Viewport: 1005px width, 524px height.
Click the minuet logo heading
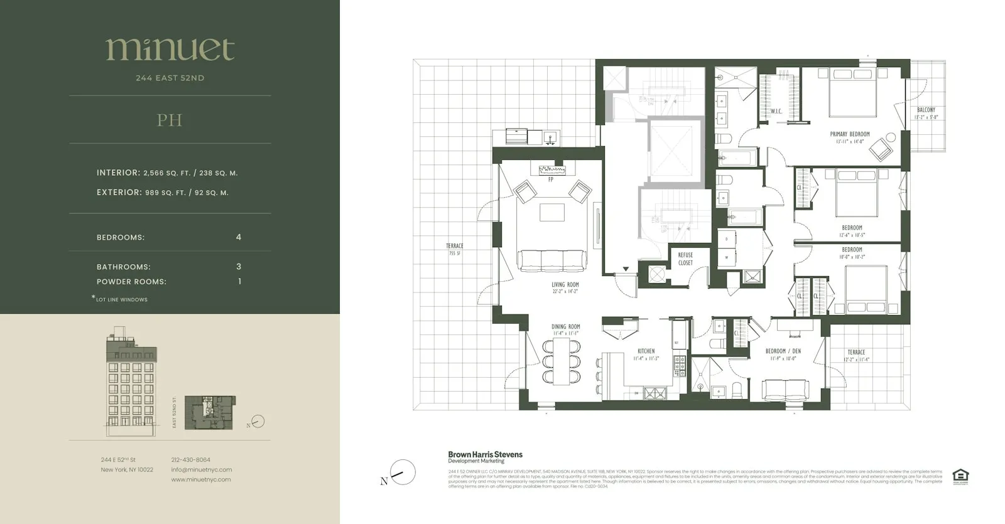pos(170,50)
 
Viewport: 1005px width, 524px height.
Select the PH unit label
pos(170,120)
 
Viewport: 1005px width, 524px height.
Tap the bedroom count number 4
pos(239,237)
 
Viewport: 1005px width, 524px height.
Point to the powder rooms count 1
pos(239,281)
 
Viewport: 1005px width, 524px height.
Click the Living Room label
pos(565,285)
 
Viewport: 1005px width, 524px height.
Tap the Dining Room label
pos(566,327)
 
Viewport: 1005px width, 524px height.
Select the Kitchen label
pos(646,351)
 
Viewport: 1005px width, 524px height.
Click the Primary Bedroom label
pos(850,134)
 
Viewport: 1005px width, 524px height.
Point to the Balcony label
pos(926,110)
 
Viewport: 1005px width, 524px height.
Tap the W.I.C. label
pos(776,112)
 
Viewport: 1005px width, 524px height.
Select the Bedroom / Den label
pos(783,351)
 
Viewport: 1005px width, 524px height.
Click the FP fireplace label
pos(551,179)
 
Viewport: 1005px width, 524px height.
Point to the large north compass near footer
pos(403,473)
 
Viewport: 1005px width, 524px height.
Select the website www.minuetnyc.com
pos(201,479)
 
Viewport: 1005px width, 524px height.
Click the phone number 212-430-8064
pos(190,460)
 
